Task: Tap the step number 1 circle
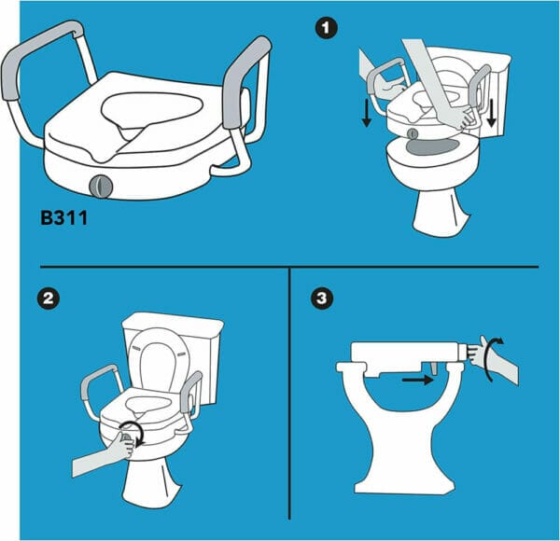tap(325, 30)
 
